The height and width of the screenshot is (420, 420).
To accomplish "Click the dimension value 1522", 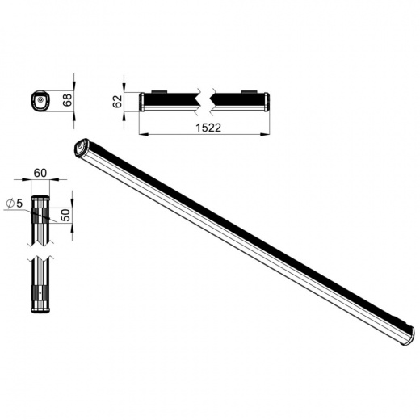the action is pyautogui.click(x=208, y=128).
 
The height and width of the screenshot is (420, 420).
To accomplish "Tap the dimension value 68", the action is pyautogui.click(x=67, y=100).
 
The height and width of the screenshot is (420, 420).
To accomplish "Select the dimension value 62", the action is pyautogui.click(x=117, y=102).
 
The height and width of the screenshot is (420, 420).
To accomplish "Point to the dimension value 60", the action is pyautogui.click(x=40, y=173).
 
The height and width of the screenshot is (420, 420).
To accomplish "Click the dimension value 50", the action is pyautogui.click(x=65, y=215).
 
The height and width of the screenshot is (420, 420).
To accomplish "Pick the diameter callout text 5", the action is pyautogui.click(x=19, y=204).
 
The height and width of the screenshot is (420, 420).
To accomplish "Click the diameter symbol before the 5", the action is pyautogui.click(x=10, y=204).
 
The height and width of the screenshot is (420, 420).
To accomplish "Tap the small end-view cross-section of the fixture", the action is pyautogui.click(x=40, y=101).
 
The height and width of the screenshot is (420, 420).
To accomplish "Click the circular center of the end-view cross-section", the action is pyautogui.click(x=40, y=99).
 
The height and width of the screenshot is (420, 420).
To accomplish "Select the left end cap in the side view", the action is pyautogui.click(x=141, y=102).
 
